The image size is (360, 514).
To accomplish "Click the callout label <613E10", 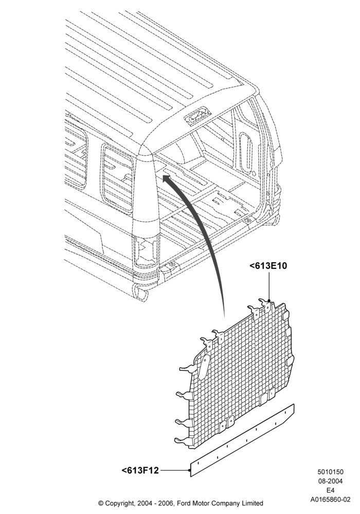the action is tap(268, 266).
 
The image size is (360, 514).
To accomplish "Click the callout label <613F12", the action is tap(140, 470).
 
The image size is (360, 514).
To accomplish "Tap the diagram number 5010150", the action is tap(330, 472).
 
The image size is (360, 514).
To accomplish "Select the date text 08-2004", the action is tap(330, 481).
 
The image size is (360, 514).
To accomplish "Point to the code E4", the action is tap(330, 490).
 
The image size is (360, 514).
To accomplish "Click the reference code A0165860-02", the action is tap(331, 500).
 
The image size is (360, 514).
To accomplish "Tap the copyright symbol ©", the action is tap(101, 503).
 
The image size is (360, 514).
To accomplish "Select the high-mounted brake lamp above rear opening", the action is tap(197, 116).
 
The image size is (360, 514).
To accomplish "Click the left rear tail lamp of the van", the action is tap(146, 250).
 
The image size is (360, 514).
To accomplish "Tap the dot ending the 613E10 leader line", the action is tap(269, 300).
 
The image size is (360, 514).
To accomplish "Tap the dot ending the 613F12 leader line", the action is tap(190, 470).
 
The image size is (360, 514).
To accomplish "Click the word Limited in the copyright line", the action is tap(252, 503).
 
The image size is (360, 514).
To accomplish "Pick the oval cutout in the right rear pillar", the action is tap(246, 152).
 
